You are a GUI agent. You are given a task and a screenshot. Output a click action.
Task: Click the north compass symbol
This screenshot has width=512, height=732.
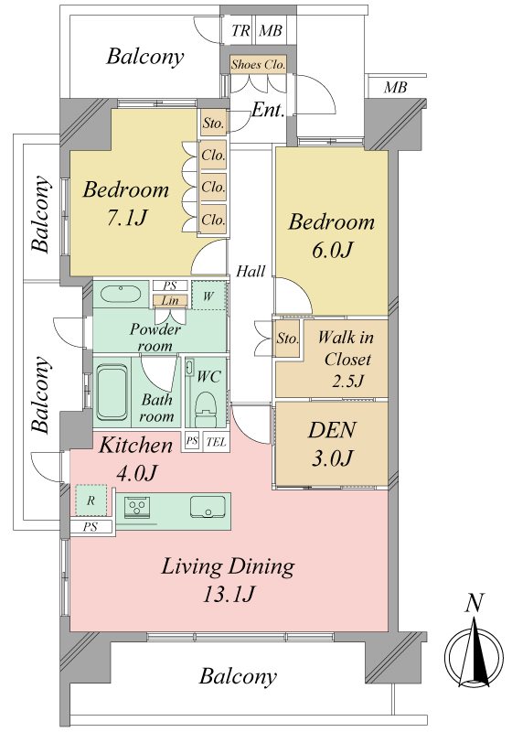tap(474, 652)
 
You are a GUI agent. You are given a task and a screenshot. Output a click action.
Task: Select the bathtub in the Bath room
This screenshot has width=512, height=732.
tap(112, 392)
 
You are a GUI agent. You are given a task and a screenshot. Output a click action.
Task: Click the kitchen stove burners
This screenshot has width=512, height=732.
tap(137, 506)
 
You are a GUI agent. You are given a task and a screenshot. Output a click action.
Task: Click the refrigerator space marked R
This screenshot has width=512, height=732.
tap(91, 501)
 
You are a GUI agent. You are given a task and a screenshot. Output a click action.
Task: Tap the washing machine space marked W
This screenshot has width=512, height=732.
tap(208, 296)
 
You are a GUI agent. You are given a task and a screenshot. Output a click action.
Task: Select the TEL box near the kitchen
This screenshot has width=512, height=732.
tap(217, 441)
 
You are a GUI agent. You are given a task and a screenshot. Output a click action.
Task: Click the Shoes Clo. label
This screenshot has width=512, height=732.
tap(258, 64)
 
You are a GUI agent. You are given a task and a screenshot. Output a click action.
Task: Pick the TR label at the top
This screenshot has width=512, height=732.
tap(240, 31)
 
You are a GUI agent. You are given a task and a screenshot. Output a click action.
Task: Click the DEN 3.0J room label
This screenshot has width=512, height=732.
tap(332, 444)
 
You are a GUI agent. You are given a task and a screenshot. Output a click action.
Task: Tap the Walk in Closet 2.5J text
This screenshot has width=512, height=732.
tap(346, 359)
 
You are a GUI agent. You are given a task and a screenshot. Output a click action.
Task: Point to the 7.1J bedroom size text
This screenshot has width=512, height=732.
tap(126, 218)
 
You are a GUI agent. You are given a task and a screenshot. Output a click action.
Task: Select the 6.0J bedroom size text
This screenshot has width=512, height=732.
tap(331, 250)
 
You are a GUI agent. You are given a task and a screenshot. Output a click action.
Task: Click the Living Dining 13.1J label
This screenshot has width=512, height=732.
tap(228, 580)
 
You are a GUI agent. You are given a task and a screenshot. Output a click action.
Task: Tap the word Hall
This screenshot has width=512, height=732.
tap(251, 271)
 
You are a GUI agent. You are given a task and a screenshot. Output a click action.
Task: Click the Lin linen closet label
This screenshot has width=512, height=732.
tap(170, 301)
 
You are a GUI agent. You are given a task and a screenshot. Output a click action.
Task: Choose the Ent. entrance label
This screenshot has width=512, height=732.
tap(268, 110)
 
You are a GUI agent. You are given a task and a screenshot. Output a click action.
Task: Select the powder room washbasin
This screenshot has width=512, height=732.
tap(121, 294)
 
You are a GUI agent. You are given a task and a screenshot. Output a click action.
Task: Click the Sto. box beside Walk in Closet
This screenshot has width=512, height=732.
tap(287, 338)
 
